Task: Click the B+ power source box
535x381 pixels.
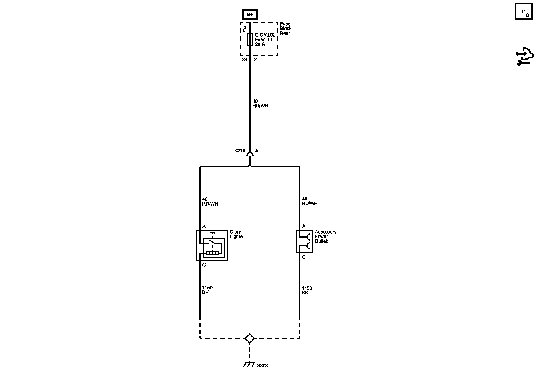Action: click(x=250, y=14)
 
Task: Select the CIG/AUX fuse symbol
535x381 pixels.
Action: click(x=250, y=40)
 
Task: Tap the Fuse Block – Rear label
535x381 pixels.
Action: click(x=287, y=29)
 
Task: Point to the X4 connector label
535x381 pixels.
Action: click(x=244, y=60)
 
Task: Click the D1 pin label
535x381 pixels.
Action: click(x=255, y=60)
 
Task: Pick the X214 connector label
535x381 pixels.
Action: click(x=239, y=151)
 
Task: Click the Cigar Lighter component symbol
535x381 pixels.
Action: click(x=212, y=245)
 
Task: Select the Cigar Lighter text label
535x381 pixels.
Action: click(x=237, y=234)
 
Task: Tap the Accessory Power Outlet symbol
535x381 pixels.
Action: click(x=304, y=241)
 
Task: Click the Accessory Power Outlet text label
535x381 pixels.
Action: click(x=325, y=236)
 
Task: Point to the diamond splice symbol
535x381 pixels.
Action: click(x=249, y=338)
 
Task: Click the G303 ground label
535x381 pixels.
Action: click(x=262, y=366)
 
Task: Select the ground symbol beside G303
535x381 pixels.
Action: click(x=249, y=365)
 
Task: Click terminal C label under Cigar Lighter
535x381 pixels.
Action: click(x=204, y=265)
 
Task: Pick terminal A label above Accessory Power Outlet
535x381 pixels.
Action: click(x=304, y=226)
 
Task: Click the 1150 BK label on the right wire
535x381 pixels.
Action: click(x=307, y=291)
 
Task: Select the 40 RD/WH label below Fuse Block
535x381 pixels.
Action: click(x=260, y=104)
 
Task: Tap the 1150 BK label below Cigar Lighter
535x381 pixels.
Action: click(x=207, y=290)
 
